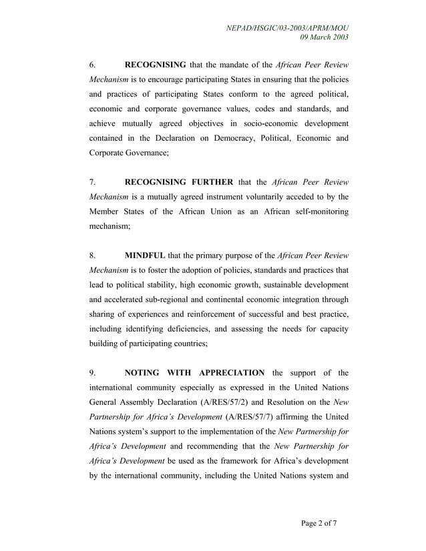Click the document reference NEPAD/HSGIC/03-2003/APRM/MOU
288,27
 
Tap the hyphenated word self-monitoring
314,211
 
